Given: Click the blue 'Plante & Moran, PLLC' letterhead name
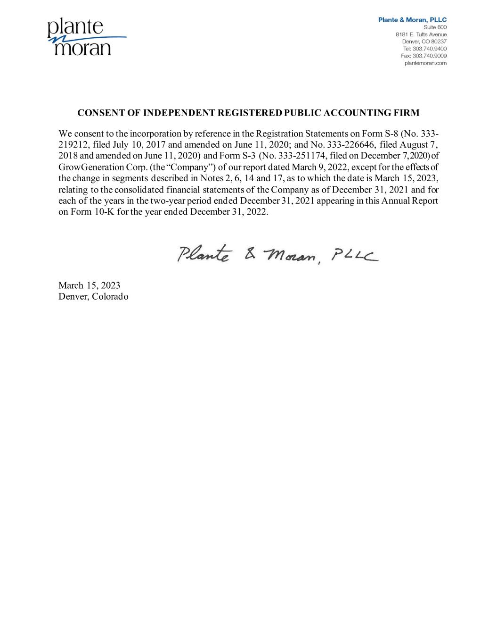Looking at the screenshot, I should [x=412, y=19].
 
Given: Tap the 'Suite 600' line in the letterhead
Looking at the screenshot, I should [x=434, y=27].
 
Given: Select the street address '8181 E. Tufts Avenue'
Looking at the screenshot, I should [x=421, y=34].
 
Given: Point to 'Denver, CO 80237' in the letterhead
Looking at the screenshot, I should [x=424, y=42].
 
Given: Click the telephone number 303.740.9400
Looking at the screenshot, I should [x=430, y=49].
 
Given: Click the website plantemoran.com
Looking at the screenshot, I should [x=425, y=63].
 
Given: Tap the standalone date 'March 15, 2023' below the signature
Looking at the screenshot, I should [x=89, y=285].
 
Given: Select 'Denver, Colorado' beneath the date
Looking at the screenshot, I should [x=93, y=297].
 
